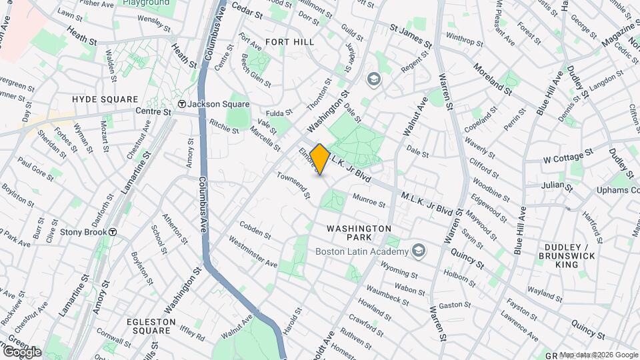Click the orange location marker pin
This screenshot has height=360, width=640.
click(x=320, y=159)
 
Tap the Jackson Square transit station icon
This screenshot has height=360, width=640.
click(x=181, y=104)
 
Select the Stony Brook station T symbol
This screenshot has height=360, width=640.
click(x=113, y=232)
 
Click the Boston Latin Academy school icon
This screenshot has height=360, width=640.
click(x=419, y=251)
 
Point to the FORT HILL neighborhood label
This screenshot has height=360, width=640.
click(x=289, y=41)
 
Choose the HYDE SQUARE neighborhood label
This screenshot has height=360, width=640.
click(x=101, y=99)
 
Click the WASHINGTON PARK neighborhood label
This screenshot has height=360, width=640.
click(x=359, y=233)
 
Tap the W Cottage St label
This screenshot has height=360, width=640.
click(x=569, y=159)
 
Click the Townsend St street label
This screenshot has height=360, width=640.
click(x=294, y=186)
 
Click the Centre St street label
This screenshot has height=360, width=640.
click(x=153, y=111)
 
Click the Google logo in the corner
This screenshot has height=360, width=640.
click(x=22, y=351)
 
